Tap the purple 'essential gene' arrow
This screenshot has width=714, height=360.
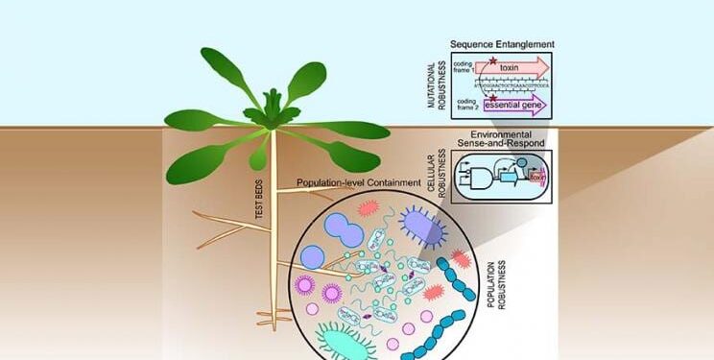coord(518,105)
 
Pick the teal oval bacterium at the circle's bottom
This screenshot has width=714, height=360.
coord(348,340)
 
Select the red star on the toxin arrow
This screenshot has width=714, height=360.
coord(492,60)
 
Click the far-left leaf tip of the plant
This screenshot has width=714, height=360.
coord(167,120)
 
